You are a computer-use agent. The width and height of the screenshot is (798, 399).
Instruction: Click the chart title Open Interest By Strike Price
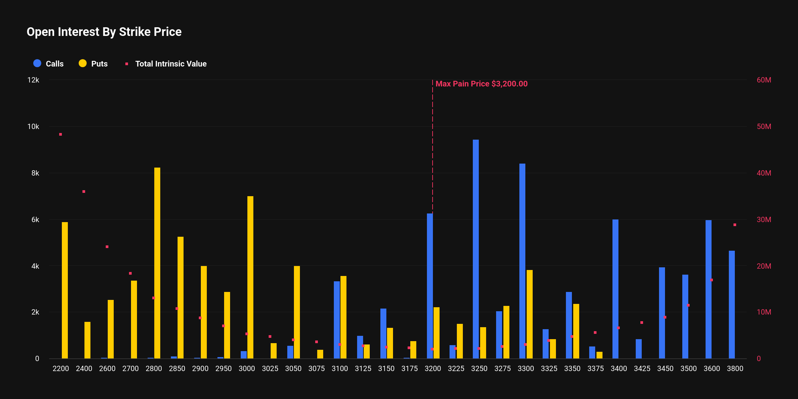pyautogui.click(x=104, y=32)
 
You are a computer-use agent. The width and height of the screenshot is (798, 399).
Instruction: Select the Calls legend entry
pyautogui.click(x=49, y=64)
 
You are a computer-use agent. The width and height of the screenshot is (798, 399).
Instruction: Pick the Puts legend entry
pyautogui.click(x=93, y=64)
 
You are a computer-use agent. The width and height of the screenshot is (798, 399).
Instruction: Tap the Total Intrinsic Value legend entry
pyautogui.click(x=166, y=64)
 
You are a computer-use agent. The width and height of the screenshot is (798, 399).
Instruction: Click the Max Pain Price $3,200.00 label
pyautogui.click(x=481, y=84)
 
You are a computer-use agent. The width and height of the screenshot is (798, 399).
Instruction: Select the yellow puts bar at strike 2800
pyautogui.click(x=157, y=263)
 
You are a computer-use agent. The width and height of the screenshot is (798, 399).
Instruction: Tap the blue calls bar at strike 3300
pyautogui.click(x=522, y=261)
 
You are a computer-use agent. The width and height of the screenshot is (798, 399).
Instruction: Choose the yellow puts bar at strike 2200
pyautogui.click(x=65, y=290)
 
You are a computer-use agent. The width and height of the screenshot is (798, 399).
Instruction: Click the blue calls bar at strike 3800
pyautogui.click(x=732, y=304)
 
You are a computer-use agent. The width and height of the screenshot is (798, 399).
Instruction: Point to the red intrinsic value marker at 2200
pyautogui.click(x=61, y=134)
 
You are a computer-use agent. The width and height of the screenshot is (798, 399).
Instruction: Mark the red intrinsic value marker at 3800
pyautogui.click(x=735, y=225)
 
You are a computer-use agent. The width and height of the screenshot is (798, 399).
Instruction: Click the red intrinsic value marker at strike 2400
pyautogui.click(x=84, y=192)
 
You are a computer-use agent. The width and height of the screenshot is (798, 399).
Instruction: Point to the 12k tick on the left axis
pyautogui.click(x=33, y=80)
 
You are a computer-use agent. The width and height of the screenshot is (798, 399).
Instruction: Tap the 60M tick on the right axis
pyautogui.click(x=764, y=80)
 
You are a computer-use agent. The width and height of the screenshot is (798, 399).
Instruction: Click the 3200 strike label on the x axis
pyautogui.click(x=433, y=368)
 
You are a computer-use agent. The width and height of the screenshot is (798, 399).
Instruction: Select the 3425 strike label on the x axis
pyautogui.click(x=642, y=368)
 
